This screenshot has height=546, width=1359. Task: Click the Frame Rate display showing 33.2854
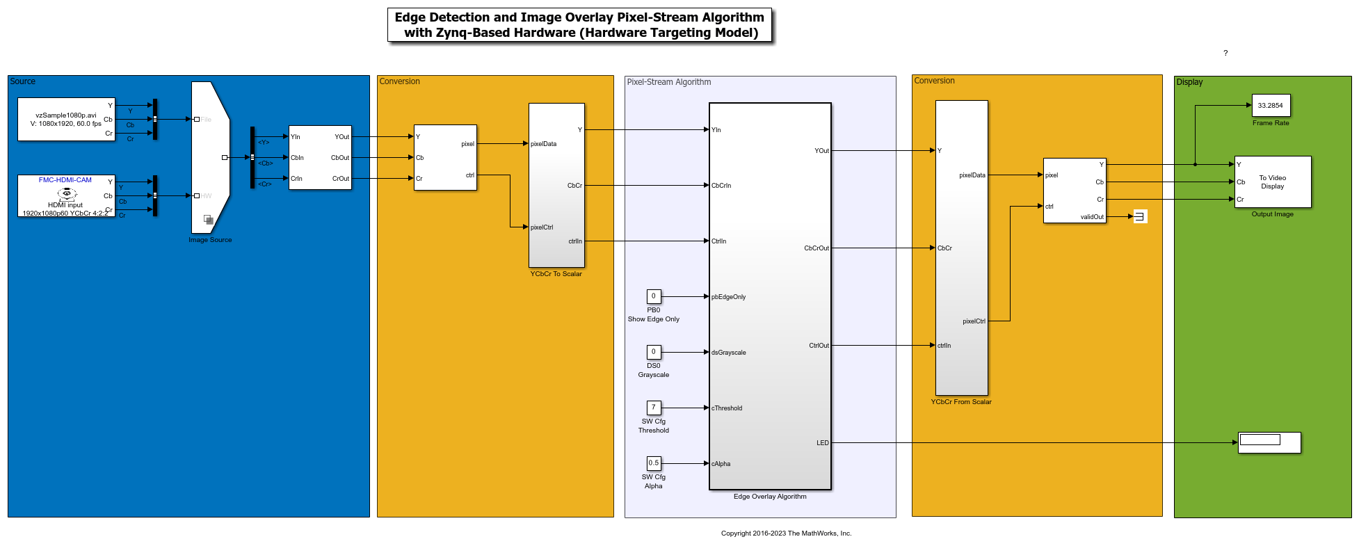pyautogui.click(x=1271, y=106)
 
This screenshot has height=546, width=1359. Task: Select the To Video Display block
pyautogui.click(x=1272, y=182)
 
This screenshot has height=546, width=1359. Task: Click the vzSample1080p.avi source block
pyautogui.click(x=66, y=120)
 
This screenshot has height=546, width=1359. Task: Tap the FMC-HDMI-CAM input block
pyautogui.click(x=66, y=195)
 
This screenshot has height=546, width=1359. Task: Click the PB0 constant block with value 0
pyautogui.click(x=654, y=296)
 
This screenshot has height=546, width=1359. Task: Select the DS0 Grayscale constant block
pyautogui.click(x=654, y=352)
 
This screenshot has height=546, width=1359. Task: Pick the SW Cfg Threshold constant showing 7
pyautogui.click(x=654, y=408)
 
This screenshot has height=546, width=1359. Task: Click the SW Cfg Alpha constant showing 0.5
pyautogui.click(x=654, y=463)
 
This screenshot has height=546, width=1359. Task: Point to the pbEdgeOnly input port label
pyautogui.click(x=728, y=297)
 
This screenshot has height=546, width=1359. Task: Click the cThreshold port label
pyautogui.click(x=727, y=408)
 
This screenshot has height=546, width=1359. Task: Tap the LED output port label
pyautogui.click(x=822, y=443)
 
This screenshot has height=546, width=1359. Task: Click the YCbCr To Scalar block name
pyautogui.click(x=556, y=274)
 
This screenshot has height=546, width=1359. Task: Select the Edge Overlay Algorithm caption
pyautogui.click(x=770, y=497)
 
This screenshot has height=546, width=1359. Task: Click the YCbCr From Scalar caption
pyautogui.click(x=961, y=402)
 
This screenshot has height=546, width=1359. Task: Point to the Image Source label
pyautogui.click(x=210, y=240)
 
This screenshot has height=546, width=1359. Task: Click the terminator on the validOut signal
pyautogui.click(x=1140, y=216)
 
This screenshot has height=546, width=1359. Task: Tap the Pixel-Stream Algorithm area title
pyautogui.click(x=668, y=82)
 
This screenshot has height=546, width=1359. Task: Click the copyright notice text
pyautogui.click(x=786, y=533)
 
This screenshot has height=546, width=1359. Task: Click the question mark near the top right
pyautogui.click(x=1225, y=53)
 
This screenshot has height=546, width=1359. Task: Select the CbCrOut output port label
pyautogui.click(x=816, y=248)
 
